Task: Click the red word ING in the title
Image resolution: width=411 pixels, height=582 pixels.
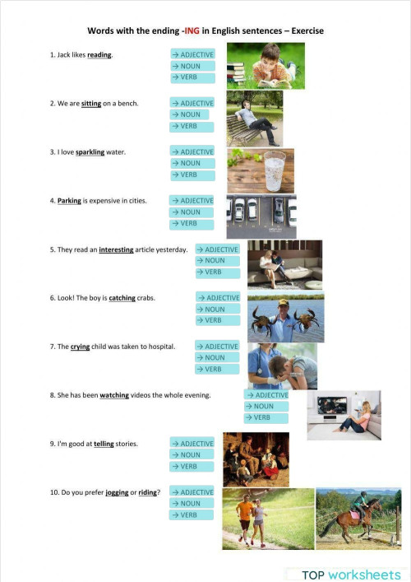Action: pyautogui.click(x=192, y=30)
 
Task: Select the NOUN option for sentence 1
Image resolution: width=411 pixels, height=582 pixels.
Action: pyautogui.click(x=192, y=66)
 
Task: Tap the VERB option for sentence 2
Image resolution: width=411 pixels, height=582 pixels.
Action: pyautogui.click(x=192, y=126)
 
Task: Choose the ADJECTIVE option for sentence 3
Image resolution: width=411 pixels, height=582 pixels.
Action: pyautogui.click(x=192, y=151)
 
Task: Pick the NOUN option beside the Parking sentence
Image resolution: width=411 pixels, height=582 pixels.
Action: pyautogui.click(x=192, y=212)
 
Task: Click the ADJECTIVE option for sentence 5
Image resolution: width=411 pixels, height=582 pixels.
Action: pyautogui.click(x=218, y=249)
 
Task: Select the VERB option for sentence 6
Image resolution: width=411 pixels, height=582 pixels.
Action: pyautogui.click(x=218, y=320)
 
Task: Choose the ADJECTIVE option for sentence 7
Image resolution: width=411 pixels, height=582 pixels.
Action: pyautogui.click(x=217, y=347)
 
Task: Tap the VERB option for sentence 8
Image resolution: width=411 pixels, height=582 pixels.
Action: pyautogui.click(x=266, y=417)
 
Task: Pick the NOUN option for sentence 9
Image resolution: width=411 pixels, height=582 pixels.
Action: pyautogui.click(x=192, y=454)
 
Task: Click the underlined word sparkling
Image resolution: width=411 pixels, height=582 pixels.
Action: pyautogui.click(x=90, y=152)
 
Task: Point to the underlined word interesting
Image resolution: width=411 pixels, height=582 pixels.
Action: pyautogui.click(x=116, y=249)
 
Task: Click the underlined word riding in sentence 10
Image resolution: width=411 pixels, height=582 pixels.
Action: pyautogui.click(x=147, y=492)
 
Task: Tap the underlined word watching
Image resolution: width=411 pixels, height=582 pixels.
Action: pyautogui.click(x=114, y=395)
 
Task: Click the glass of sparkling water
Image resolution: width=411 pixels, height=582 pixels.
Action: pyautogui.click(x=275, y=171)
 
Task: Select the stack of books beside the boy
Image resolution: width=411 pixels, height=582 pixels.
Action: pyautogui.click(x=236, y=72)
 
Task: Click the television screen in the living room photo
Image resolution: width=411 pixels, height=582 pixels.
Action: pyautogui.click(x=332, y=405)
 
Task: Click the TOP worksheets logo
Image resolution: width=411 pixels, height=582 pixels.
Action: pyautogui.click(x=351, y=575)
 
